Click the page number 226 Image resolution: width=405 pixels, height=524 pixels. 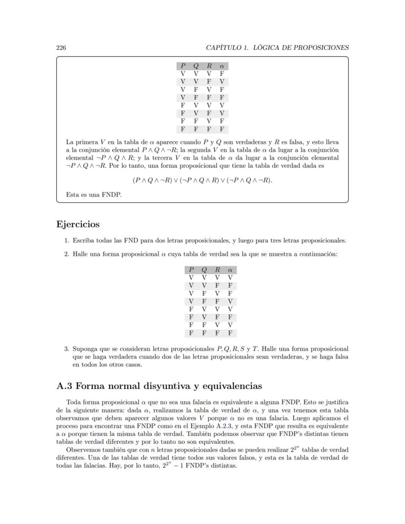(x=61, y=47)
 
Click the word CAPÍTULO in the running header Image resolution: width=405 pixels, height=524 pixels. (x=224, y=47)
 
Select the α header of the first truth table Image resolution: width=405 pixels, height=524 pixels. (x=222, y=66)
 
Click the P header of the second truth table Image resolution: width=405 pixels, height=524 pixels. (x=191, y=270)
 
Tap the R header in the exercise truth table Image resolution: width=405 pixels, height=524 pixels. (x=217, y=270)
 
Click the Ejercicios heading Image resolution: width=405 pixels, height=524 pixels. (x=78, y=225)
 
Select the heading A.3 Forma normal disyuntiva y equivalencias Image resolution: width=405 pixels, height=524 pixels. (x=159, y=386)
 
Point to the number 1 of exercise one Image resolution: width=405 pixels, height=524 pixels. (x=67, y=241)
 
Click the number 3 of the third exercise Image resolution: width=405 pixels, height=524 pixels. (x=67, y=349)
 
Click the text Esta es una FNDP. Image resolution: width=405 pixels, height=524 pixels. (x=93, y=195)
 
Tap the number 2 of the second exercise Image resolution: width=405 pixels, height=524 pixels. (x=67, y=254)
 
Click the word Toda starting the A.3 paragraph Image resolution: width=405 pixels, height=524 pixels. (x=74, y=402)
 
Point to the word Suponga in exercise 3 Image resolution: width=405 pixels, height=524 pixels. (x=85, y=349)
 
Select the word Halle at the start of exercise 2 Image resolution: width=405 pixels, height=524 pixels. (x=81, y=254)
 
